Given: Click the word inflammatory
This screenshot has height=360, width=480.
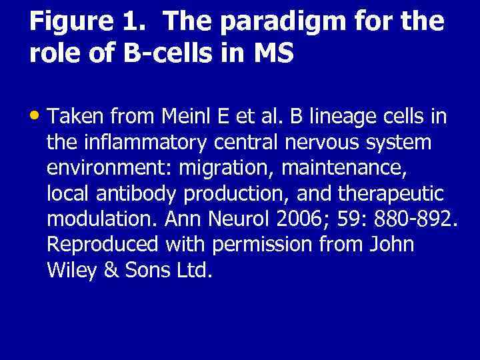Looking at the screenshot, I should (x=137, y=143).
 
